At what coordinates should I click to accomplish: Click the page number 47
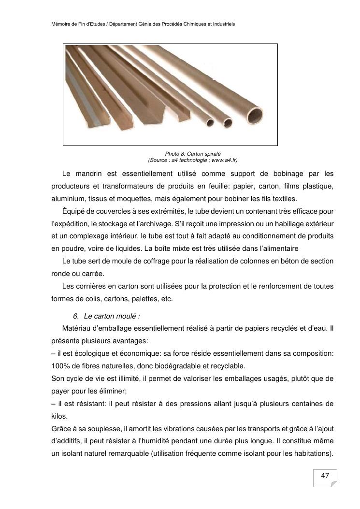click(x=325, y=476)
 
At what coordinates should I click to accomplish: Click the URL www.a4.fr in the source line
click(x=224, y=160)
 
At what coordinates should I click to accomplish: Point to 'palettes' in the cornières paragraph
click(x=146, y=299)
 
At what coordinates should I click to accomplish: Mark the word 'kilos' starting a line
click(x=59, y=416)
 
